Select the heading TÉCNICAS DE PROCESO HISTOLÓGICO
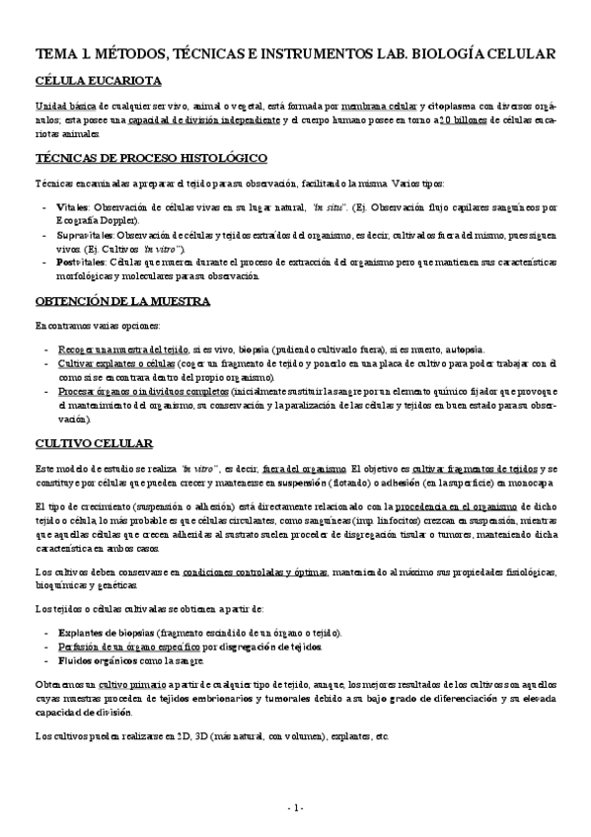(150, 158)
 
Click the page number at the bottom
(295, 808)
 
